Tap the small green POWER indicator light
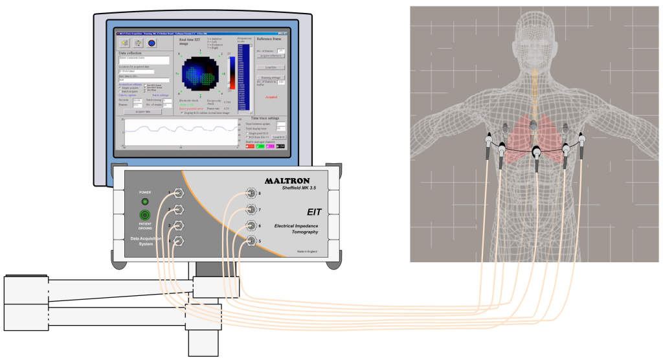coord(145,202)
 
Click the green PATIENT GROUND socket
coord(145,216)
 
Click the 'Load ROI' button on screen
coord(279,137)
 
